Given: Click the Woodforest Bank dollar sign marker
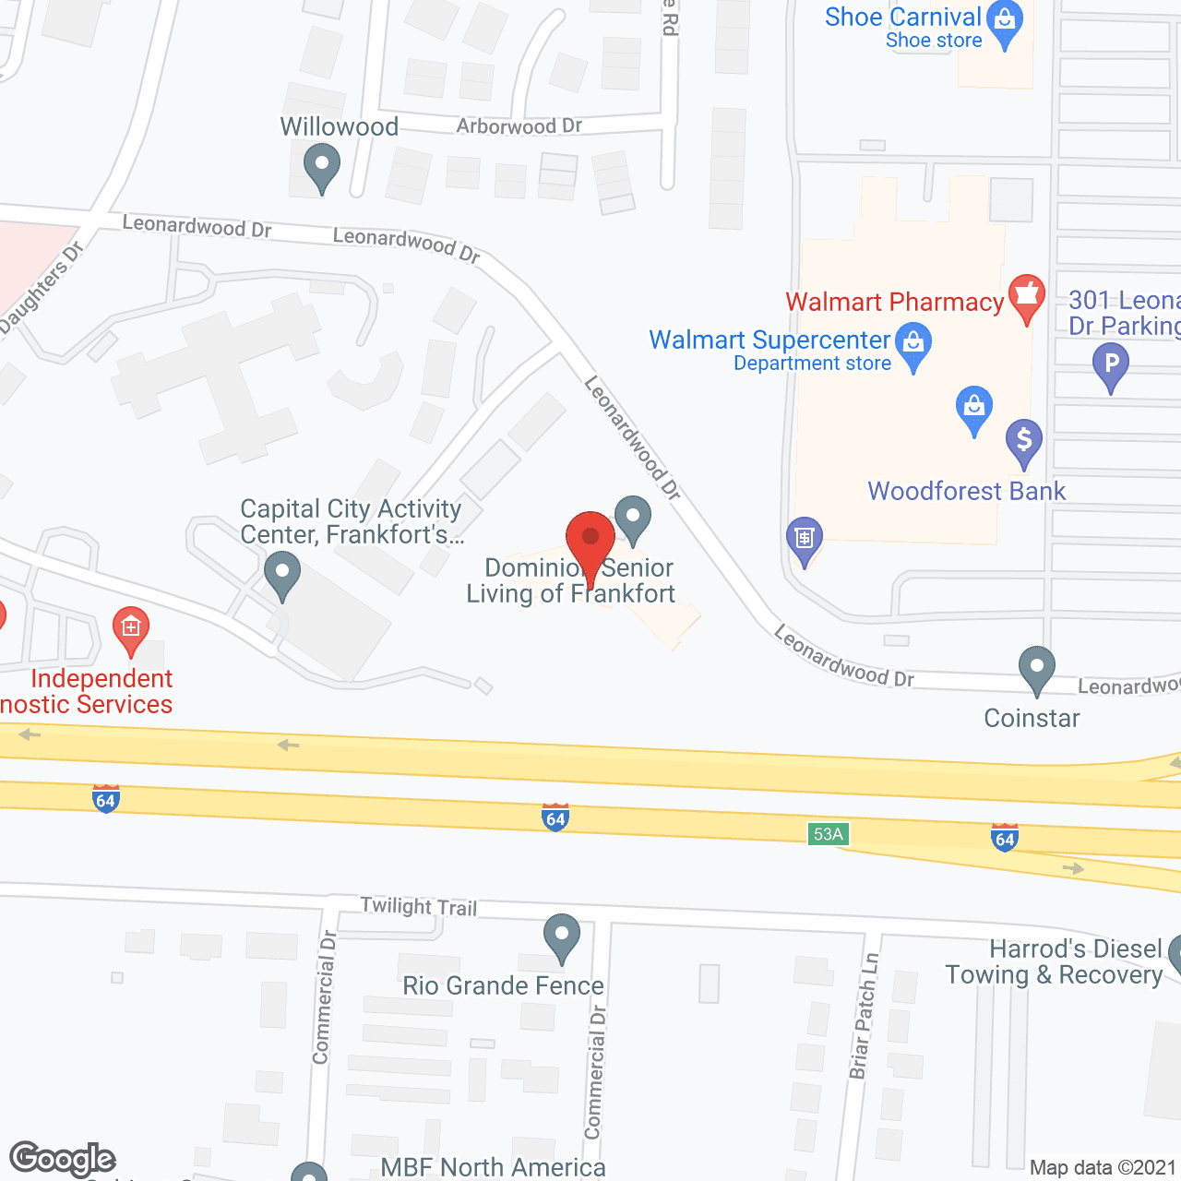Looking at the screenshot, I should [x=1024, y=441].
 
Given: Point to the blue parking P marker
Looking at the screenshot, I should [x=1111, y=364].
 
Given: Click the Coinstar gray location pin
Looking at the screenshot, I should [x=1037, y=668].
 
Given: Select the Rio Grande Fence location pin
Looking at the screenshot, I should [x=561, y=936].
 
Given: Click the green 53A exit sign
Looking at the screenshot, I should [x=828, y=834].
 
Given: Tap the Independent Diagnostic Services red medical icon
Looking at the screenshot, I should [x=131, y=628].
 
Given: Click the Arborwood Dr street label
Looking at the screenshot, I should [x=519, y=126].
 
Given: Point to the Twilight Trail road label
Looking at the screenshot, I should [x=419, y=906].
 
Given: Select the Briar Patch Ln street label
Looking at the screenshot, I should [x=863, y=1015].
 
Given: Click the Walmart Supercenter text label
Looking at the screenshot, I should [x=769, y=340].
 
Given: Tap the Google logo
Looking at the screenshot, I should [x=63, y=1159].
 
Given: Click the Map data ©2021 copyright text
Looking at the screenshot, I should [x=1103, y=1167].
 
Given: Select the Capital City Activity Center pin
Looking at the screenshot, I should [x=282, y=573].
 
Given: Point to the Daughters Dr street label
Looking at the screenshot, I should [x=42, y=287].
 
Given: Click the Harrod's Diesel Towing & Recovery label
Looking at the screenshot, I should [x=1054, y=962].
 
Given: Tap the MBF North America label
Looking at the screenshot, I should [x=493, y=1167].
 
